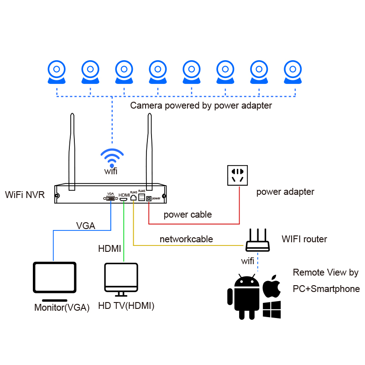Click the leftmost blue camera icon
57,72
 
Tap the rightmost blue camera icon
292,72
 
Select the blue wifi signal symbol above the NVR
112,157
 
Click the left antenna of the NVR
72,152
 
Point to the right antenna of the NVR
150,152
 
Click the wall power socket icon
237,175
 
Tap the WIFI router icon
258,240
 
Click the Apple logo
271,287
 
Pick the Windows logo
271,310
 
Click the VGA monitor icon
55,282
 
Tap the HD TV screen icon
121,280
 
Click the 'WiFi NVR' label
25,195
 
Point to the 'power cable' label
188,214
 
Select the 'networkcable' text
186,239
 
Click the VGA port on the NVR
110,198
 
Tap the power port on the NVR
149,198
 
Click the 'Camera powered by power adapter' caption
201,106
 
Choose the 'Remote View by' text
326,272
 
